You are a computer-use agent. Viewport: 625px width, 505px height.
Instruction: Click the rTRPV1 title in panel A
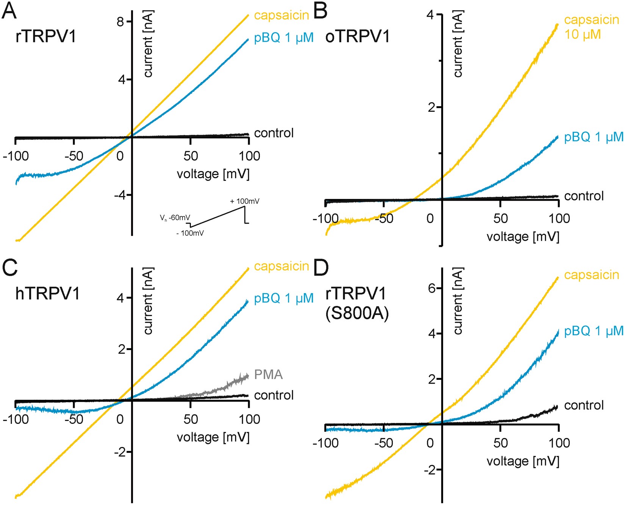[45, 37]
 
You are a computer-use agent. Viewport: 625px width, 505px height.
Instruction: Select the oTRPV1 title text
[357, 37]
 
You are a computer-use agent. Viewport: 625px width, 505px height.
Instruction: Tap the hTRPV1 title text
[47, 293]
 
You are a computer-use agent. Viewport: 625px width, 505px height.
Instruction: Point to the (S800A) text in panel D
[357, 314]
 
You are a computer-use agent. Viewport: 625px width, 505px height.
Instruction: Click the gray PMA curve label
[268, 375]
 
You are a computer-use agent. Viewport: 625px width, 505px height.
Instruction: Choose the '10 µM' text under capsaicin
[582, 35]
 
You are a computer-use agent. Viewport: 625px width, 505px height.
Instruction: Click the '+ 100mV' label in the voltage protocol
[245, 201]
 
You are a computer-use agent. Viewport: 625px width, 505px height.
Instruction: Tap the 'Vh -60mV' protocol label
[175, 218]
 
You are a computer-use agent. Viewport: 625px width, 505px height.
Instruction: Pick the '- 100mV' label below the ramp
[190, 233]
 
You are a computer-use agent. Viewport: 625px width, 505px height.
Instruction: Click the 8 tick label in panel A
[120, 22]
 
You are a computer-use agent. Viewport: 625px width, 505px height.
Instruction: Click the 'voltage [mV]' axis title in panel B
[523, 237]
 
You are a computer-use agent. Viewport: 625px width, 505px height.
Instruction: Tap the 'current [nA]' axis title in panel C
[148, 301]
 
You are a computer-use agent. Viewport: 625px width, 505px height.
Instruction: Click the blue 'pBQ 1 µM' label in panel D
[594, 331]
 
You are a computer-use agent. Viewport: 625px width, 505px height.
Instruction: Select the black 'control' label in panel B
[584, 196]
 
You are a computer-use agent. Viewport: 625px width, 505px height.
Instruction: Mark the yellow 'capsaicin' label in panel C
[281, 266]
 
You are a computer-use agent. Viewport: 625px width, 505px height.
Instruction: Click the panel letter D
[321, 268]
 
